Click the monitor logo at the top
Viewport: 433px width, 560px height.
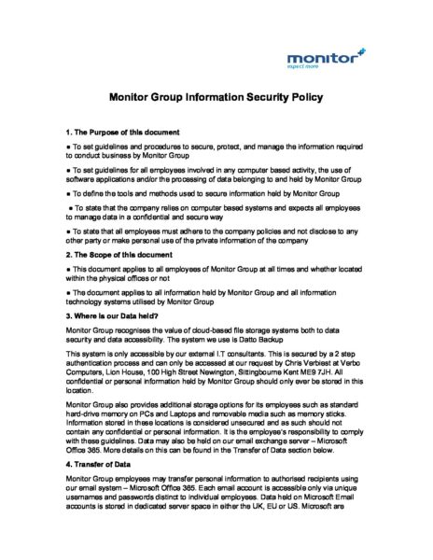point(322,59)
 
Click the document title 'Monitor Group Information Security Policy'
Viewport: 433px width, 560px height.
point(216,96)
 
